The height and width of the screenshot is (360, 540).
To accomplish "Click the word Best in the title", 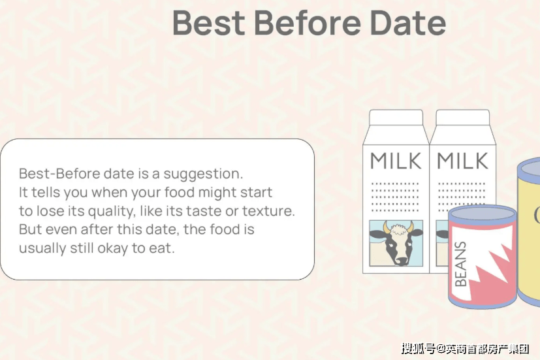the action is click(x=209, y=23).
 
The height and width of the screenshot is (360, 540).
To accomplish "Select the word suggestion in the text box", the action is click(x=203, y=174).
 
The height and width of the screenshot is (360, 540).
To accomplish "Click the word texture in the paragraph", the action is click(x=268, y=211).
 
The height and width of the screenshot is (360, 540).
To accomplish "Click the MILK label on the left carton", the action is click(x=396, y=161).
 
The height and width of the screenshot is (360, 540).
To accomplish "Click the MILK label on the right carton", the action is click(x=462, y=161).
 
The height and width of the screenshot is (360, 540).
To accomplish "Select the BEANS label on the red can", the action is click(x=461, y=264).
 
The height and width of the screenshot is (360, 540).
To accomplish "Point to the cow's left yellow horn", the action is click(x=386, y=227).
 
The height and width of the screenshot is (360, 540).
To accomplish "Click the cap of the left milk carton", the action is click(x=396, y=118).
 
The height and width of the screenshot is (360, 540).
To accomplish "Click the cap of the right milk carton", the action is click(x=462, y=118).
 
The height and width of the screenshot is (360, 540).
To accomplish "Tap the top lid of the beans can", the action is click(x=483, y=214).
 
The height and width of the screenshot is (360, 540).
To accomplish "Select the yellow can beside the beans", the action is click(x=528, y=231).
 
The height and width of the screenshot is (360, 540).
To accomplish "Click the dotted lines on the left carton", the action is click(x=395, y=197).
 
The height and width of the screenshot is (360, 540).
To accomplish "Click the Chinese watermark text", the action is click(x=465, y=349).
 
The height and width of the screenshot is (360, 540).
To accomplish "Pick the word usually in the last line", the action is click(x=42, y=248).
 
